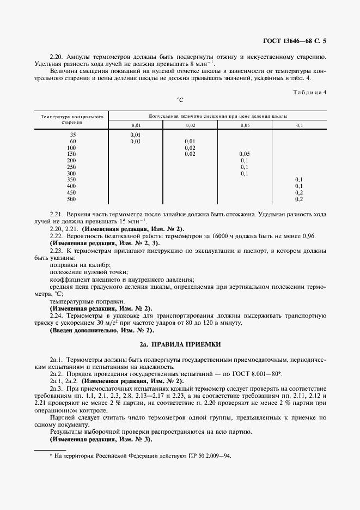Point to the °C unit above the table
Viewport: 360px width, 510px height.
tap(180, 100)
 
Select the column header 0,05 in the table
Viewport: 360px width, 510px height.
tap(245, 125)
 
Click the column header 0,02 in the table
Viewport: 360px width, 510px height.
tap(190, 125)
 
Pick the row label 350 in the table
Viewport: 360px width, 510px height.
tap(71, 179)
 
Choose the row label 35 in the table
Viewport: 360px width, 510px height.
tap(73, 134)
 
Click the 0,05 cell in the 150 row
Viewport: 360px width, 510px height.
tap(245, 154)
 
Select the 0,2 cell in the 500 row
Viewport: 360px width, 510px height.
tap(299, 199)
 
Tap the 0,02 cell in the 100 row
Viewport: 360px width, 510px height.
tap(190, 148)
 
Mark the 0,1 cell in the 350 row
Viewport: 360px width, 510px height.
tap(299, 179)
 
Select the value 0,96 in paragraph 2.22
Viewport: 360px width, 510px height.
tap(308, 236)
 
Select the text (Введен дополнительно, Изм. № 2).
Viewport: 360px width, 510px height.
tap(102, 330)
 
